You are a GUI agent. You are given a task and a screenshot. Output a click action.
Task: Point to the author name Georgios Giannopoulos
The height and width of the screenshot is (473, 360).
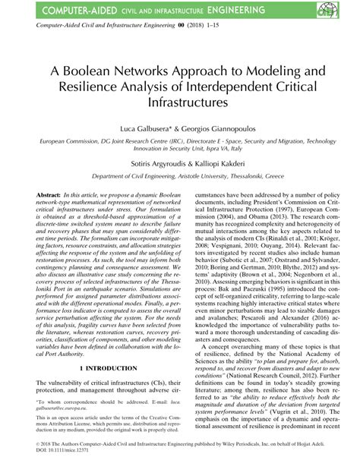tap(216, 131)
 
